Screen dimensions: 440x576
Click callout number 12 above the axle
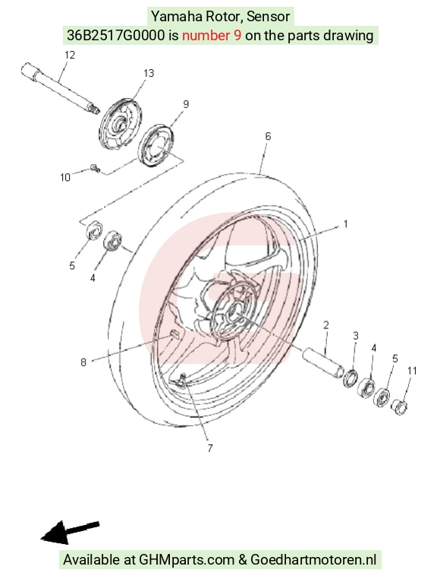[x=69, y=55]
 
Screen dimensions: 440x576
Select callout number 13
[x=149, y=74]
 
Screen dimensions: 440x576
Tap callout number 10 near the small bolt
[x=65, y=177]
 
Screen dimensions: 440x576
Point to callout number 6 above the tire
[x=268, y=136]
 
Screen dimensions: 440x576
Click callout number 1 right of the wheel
[x=345, y=223]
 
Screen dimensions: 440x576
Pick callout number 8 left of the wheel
[x=83, y=362]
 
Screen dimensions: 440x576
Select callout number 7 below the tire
[x=210, y=448]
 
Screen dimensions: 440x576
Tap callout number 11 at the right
[x=412, y=371]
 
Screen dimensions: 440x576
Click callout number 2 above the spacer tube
[x=326, y=325]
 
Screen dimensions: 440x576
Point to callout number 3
[x=355, y=336]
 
